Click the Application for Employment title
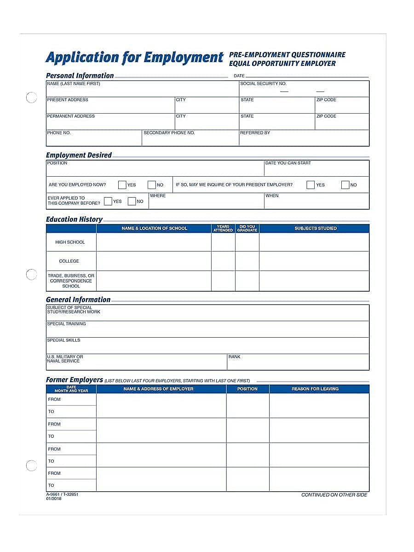click(134, 57)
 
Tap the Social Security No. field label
click(263, 84)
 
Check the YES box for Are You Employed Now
click(122, 185)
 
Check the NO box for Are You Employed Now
click(152, 185)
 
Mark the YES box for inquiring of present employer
click(310, 185)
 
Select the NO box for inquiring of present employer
click(345, 185)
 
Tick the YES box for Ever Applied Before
click(108, 201)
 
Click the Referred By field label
click(255, 133)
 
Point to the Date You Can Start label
click(288, 163)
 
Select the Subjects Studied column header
click(315, 228)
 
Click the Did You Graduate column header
click(247, 228)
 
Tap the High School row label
click(70, 242)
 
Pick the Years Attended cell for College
click(223, 261)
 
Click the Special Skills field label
click(63, 340)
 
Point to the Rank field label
click(234, 357)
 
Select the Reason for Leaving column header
click(315, 389)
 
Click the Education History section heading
click(74, 219)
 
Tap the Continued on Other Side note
click(334, 495)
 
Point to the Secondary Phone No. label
click(169, 133)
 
